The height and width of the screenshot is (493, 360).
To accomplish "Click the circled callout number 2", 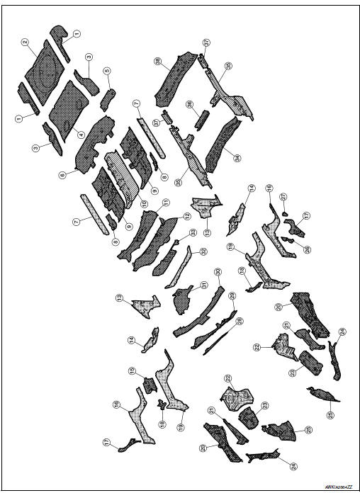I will coord(25,42).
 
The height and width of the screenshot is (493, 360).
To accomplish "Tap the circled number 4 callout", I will coord(81,135).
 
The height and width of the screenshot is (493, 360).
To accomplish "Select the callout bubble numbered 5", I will coord(107,72).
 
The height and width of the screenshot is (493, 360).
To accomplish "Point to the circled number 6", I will coord(62,174).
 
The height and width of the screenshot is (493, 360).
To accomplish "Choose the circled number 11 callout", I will coord(166,203).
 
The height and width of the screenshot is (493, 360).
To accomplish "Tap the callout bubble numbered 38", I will coord(157,62).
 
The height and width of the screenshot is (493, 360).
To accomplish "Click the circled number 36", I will coord(190,104).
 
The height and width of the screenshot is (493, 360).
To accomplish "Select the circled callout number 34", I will coord(237,157).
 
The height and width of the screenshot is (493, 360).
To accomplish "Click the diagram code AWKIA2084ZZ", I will coord(340,487).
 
